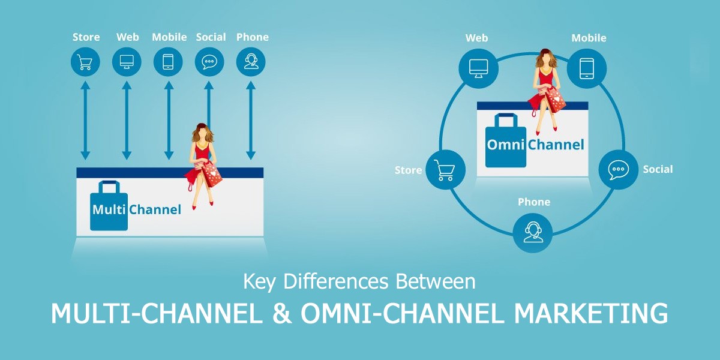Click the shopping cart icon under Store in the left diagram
85,61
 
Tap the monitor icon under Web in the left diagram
127,61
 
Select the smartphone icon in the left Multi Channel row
168,61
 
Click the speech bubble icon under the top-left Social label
209,61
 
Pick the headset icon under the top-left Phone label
251,61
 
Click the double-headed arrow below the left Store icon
85,120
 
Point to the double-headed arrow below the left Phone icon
251,120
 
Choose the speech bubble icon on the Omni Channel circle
618,169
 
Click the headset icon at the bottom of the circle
533,232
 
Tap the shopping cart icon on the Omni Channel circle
445,170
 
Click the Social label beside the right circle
658,169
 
